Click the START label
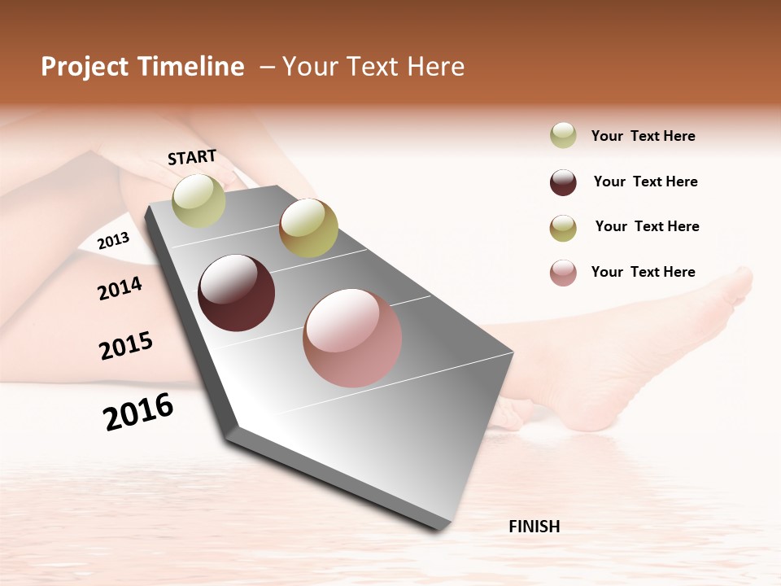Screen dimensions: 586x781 (x=192, y=157)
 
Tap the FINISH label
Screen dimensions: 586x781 (x=534, y=527)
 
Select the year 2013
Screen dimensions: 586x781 (x=113, y=240)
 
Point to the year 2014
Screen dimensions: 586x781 (x=120, y=288)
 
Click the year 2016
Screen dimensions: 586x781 (x=138, y=412)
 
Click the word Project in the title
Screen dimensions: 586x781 (x=85, y=67)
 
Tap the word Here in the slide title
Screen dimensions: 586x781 (x=435, y=67)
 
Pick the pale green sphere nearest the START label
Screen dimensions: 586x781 (x=199, y=200)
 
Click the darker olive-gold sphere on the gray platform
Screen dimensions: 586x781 (x=308, y=228)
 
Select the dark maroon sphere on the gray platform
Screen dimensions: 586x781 (x=237, y=293)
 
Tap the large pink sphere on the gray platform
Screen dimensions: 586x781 (x=352, y=338)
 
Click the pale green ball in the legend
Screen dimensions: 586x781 (x=563, y=135)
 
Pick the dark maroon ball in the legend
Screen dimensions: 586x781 (x=563, y=182)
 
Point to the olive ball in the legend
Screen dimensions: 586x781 (x=563, y=228)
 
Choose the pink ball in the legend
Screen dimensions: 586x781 (x=563, y=273)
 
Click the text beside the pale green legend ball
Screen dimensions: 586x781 (x=643, y=136)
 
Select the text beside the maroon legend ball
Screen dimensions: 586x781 (x=645, y=181)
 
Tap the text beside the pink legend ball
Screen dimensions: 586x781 (x=643, y=272)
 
